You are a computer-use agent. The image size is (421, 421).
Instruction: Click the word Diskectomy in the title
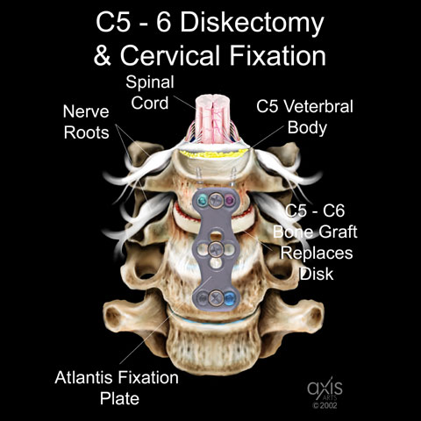[252, 24]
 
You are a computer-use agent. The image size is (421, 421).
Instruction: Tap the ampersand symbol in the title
[103, 55]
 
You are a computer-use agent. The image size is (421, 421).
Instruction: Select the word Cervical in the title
[170, 55]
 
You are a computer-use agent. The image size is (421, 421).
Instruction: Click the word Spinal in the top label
[150, 82]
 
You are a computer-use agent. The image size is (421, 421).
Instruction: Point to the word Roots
[86, 132]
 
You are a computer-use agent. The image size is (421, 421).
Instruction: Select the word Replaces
[317, 253]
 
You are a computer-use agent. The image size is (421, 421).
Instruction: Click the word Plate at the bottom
[119, 399]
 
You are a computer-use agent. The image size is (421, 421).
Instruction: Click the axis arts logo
[325, 389]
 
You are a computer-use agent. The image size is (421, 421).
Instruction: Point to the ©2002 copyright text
[325, 405]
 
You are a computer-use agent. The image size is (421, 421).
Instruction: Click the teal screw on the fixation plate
[202, 200]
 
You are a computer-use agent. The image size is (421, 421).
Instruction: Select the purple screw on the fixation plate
[230, 200]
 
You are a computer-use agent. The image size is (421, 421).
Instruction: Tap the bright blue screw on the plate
[230, 298]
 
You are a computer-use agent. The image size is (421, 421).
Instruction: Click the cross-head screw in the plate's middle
[216, 249]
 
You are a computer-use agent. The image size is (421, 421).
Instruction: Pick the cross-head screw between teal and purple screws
[216, 200]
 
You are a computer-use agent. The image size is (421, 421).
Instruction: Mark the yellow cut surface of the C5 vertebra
[215, 153]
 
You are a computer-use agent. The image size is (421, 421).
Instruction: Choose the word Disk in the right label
[317, 274]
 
